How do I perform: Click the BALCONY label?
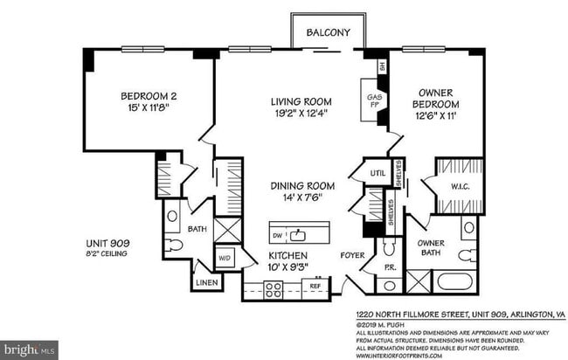[x=328, y=33]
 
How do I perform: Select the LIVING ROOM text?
[x=301, y=102]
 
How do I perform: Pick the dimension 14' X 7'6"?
[x=301, y=198]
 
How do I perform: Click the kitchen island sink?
[x=299, y=233]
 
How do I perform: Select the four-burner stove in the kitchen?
[x=273, y=290]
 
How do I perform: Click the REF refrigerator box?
[x=316, y=286]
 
